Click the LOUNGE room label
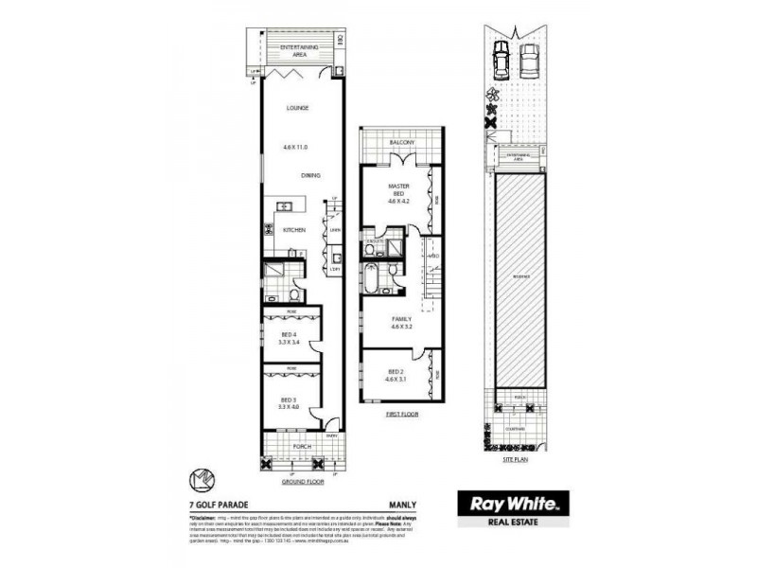point(298,108)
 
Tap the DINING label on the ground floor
point(310,175)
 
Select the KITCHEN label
point(293,231)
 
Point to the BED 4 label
point(290,333)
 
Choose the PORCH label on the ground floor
point(302,446)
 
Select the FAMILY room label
point(403,319)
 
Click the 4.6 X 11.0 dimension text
point(296,147)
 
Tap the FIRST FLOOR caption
point(401,415)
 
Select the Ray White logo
point(514,504)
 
